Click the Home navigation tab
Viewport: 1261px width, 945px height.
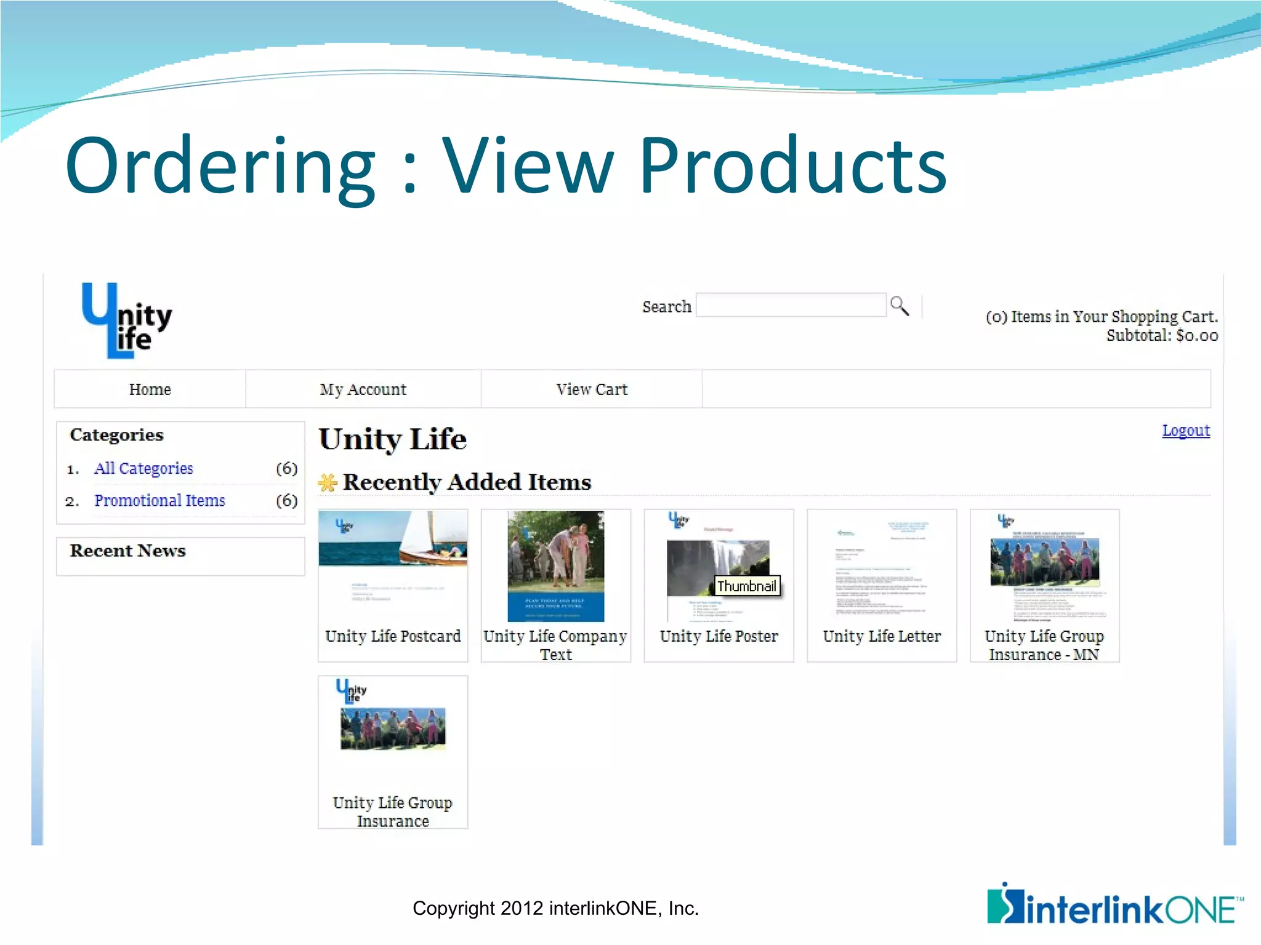150,389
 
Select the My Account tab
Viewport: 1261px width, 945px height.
363,389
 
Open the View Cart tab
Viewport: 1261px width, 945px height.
592,389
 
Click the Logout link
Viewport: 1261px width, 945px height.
1185,431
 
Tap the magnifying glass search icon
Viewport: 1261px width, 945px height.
899,306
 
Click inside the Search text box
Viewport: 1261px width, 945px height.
791,306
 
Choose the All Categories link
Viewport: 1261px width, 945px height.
143,469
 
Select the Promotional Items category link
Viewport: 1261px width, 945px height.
159,501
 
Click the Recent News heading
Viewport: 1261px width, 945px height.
127,551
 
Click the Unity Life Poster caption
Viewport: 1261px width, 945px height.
719,636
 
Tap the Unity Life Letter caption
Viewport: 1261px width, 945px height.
882,636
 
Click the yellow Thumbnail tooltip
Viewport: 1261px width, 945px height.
747,586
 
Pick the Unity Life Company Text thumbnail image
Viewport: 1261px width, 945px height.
555,566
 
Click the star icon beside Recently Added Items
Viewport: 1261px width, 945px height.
328,483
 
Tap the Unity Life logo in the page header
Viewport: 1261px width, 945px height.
127,321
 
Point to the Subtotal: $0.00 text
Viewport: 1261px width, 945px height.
1162,336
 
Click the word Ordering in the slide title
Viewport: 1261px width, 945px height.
220,166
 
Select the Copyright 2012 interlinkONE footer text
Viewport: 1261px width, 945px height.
555,909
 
